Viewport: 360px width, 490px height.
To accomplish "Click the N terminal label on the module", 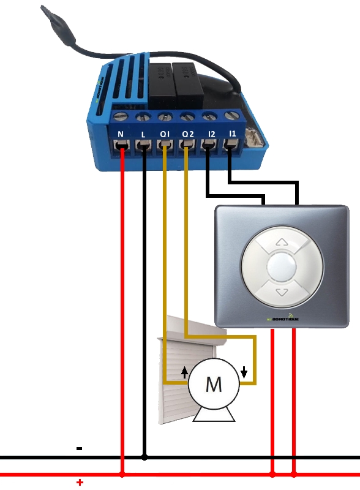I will click(121, 133).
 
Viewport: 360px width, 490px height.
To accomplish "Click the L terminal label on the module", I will click(143, 133).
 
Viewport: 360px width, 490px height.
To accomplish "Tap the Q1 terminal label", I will click(164, 133).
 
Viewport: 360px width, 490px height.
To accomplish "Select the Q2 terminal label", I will click(187, 133).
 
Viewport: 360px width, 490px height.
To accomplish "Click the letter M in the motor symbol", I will click(213, 384).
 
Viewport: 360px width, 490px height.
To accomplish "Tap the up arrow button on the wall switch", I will click(282, 243).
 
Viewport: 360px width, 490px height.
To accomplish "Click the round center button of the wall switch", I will click(282, 267).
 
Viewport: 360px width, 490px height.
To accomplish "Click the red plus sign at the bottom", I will click(80, 483).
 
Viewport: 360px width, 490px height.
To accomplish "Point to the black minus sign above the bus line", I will click(79, 448).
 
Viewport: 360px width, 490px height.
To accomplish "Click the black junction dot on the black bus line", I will click(144, 457).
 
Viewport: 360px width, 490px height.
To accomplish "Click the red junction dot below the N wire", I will click(122, 474).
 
